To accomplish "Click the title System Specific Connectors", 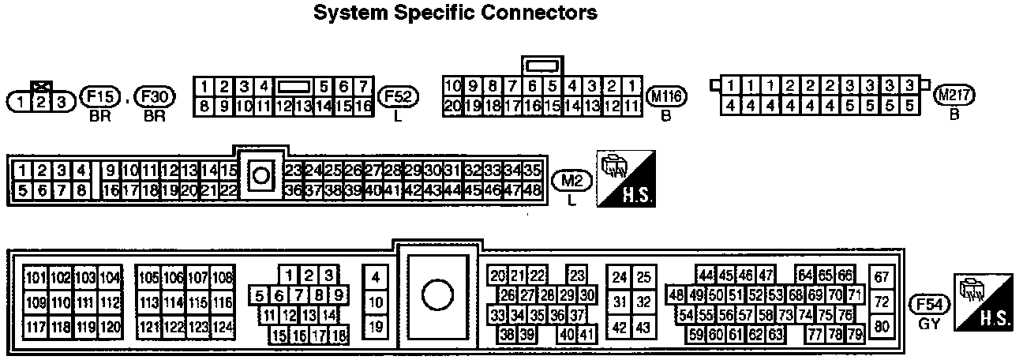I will click(455, 13).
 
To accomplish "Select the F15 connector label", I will click(99, 98).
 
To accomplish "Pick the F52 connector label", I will click(399, 97).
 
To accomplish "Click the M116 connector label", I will click(667, 97).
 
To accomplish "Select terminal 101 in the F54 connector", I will click(36, 277).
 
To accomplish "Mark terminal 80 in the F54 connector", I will click(882, 327).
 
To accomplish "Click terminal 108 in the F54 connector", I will click(223, 277).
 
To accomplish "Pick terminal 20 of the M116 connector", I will click(452, 105).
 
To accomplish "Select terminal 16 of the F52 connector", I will click(363, 105).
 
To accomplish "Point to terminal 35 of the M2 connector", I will click(532, 170).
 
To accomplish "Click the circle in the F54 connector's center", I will click(436, 295).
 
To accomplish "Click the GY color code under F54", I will click(929, 323).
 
